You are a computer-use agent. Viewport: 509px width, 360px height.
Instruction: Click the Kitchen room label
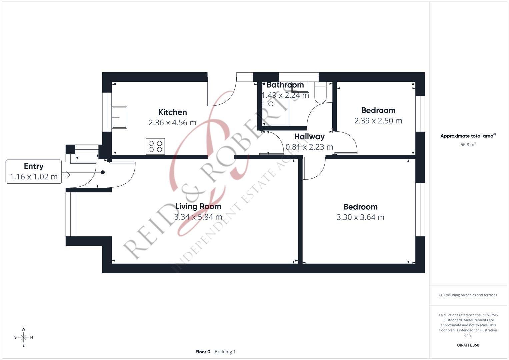coord(172,112)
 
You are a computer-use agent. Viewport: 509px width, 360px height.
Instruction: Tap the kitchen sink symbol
coord(119,117)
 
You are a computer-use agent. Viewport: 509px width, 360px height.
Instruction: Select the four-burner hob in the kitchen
coord(155,146)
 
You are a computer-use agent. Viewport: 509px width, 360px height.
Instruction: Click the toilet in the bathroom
coord(321,93)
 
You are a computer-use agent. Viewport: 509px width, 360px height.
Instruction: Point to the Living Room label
coord(198,206)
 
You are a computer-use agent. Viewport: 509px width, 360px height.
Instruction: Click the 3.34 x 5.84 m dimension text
coord(198,217)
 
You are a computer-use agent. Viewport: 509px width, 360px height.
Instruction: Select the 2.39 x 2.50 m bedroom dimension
coord(378,121)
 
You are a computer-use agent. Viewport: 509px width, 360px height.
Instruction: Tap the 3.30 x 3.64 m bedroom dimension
coord(360,217)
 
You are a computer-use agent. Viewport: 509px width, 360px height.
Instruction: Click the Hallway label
coord(309,137)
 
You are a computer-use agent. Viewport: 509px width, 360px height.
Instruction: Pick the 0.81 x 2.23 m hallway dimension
coord(309,147)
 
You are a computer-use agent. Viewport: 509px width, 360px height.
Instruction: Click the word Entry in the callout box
coord(34,166)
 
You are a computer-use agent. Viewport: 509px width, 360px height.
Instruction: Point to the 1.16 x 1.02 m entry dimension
coord(34,177)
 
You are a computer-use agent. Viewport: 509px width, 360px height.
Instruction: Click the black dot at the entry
coord(103,172)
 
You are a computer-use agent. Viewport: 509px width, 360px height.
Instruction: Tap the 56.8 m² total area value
coord(468,145)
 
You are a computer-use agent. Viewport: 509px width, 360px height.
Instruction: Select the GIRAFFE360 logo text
coord(468,345)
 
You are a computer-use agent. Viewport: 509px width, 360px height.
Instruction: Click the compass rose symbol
coord(23,337)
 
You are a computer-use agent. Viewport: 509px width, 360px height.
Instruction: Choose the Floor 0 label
coord(203,352)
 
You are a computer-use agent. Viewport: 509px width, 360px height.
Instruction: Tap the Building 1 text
coord(225,352)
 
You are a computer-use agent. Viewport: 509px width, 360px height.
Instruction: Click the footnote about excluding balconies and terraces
coord(468,295)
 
